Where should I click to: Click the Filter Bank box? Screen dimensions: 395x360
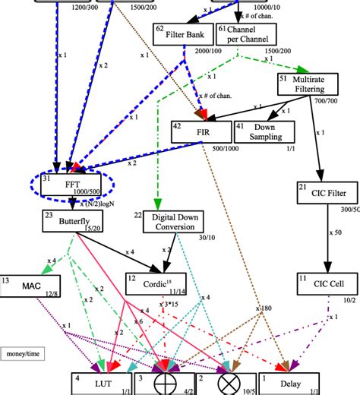[182, 33]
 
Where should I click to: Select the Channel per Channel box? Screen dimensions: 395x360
[247, 33]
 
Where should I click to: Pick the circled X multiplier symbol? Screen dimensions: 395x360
[226, 384]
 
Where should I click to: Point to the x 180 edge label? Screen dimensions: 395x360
[264, 308]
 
